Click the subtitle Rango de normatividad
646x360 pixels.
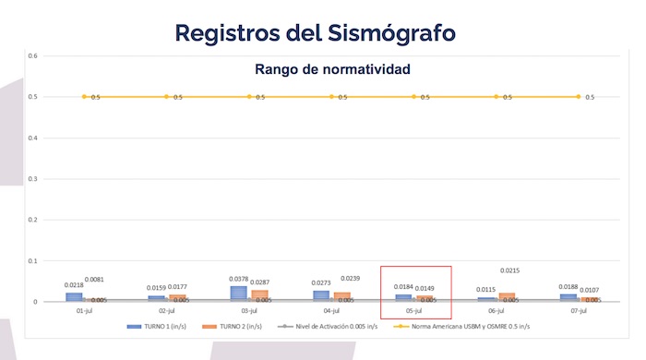pyautogui.click(x=332, y=69)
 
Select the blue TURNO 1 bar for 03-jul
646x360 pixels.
pyautogui.click(x=239, y=294)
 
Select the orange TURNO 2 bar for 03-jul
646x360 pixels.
pyautogui.click(x=259, y=295)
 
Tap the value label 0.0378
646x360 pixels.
pyautogui.click(x=240, y=279)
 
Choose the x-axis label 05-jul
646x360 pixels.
pyautogui.click(x=414, y=311)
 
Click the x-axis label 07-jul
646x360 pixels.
pyautogui.click(x=579, y=311)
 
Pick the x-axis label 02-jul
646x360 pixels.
pyautogui.click(x=166, y=311)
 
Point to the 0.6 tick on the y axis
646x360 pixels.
pyautogui.click(x=32, y=56)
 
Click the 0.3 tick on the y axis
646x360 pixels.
pyautogui.click(x=32, y=179)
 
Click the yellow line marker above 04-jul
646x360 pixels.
pyautogui.click(x=331, y=96)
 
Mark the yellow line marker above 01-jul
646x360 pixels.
pyautogui.click(x=84, y=96)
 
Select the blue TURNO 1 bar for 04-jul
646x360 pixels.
pyautogui.click(x=321, y=295)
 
